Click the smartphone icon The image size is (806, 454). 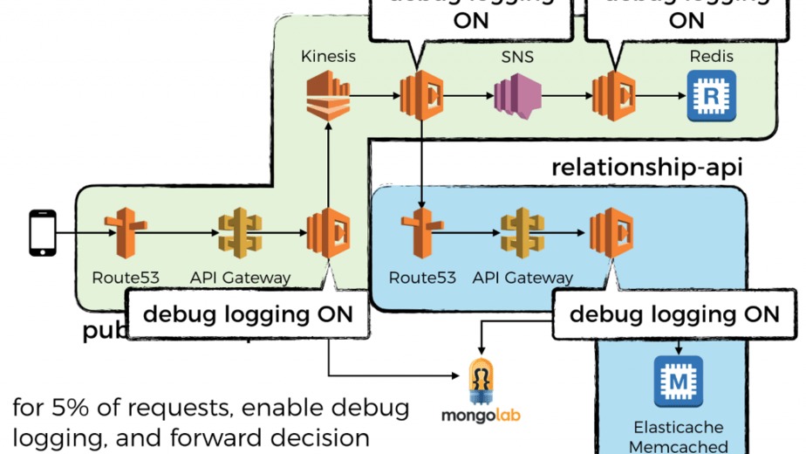coord(42,232)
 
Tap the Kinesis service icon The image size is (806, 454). coord(328,95)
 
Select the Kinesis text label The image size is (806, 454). coord(328,57)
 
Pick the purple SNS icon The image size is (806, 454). coord(518,95)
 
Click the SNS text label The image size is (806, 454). coord(517,58)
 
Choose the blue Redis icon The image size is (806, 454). coord(711,95)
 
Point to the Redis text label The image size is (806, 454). coord(711,57)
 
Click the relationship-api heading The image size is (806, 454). coord(646,167)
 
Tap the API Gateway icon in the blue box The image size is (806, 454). coord(522,232)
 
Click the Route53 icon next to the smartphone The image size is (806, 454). coord(126,232)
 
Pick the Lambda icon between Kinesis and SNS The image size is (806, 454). coord(422,95)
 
